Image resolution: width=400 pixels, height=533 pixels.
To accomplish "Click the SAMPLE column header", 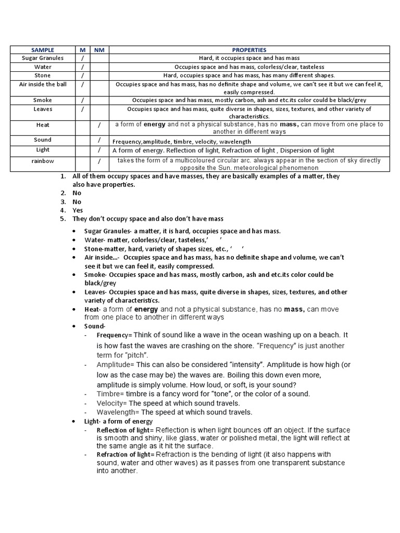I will pos(43,49).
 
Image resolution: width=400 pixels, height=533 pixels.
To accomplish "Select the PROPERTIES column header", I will pos(249,49).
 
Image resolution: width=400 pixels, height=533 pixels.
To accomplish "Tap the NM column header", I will pos(98,49).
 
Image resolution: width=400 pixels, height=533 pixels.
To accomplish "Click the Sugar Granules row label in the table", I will pos(43,58).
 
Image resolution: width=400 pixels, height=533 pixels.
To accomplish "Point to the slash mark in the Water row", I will pos(82,67).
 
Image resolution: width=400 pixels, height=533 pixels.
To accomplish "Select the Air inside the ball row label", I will pos(43,84).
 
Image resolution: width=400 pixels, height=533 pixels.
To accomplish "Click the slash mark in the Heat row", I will pos(99,125).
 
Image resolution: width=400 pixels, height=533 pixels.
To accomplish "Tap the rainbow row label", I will pos(43,161).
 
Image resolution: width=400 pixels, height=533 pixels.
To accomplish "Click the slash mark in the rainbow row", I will pos(99,161).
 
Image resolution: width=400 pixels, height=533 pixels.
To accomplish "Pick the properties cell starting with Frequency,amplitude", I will pos(182,142).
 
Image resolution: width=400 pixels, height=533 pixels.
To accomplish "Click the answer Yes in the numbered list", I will pos(78,210).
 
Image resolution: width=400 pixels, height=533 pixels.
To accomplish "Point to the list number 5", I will pos(62,219).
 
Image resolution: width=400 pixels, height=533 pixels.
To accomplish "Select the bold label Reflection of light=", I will pos(125,430).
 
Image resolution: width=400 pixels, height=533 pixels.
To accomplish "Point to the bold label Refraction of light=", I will pos(125,454).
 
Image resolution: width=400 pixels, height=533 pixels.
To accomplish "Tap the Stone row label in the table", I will pos(43,75).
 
